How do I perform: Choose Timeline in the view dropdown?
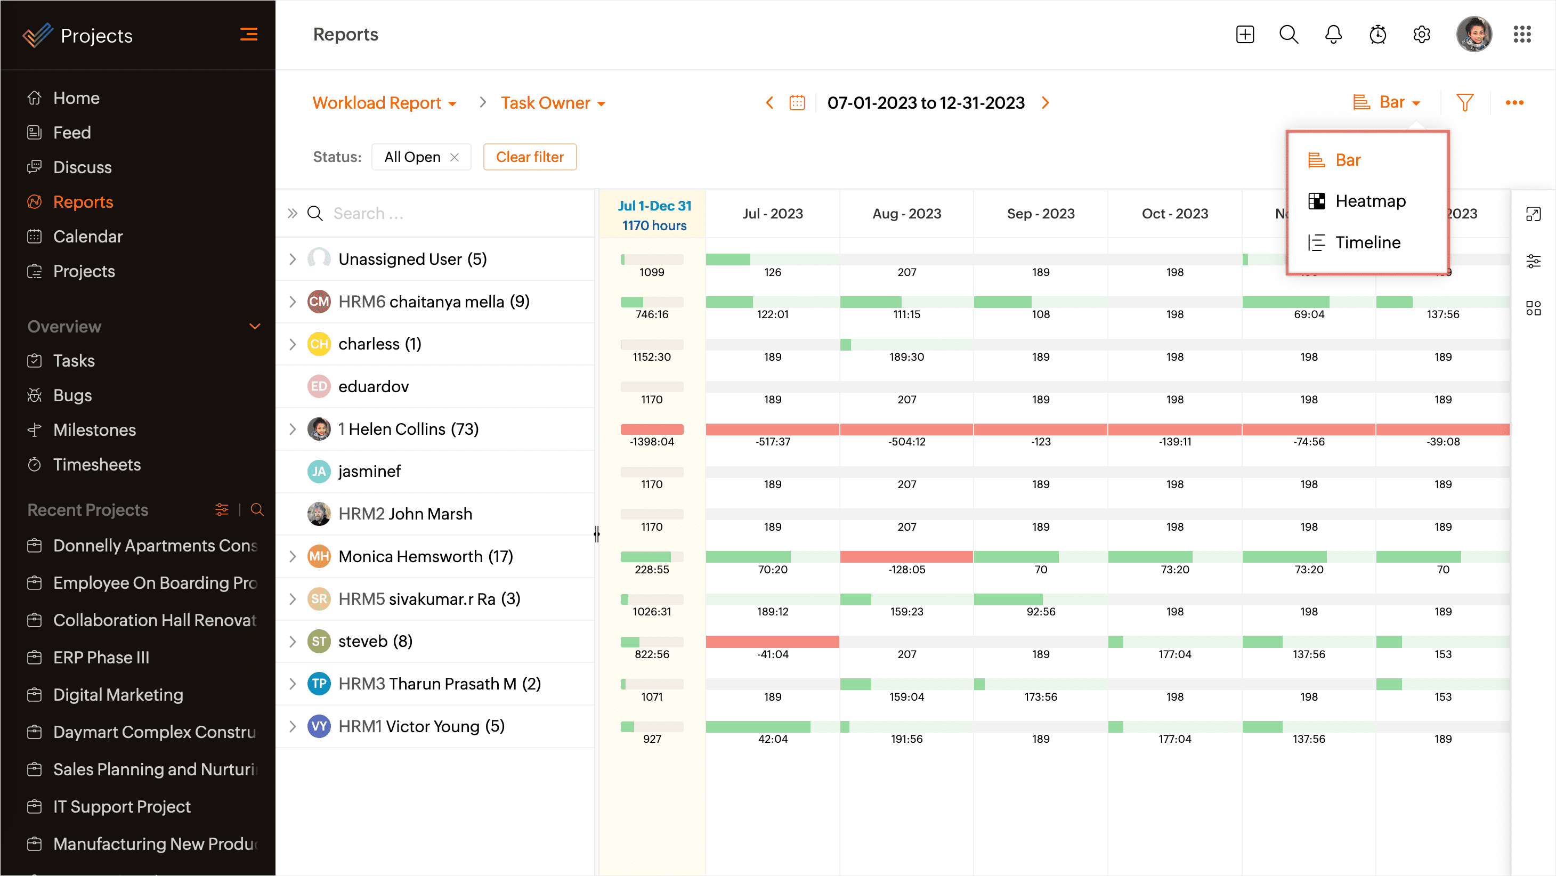(x=1367, y=242)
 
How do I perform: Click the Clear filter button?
(x=529, y=157)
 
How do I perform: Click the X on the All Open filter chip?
(x=455, y=157)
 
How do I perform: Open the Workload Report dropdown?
(x=384, y=103)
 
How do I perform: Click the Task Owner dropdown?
(x=552, y=103)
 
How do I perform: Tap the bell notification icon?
(x=1333, y=35)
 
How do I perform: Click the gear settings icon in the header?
(x=1421, y=35)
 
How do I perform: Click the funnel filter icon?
(x=1464, y=103)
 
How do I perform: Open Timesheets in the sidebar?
(x=96, y=465)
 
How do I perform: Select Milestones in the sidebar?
(x=94, y=430)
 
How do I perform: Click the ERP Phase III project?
(x=101, y=658)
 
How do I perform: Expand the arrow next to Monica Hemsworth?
(x=293, y=556)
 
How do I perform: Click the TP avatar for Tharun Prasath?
(x=319, y=684)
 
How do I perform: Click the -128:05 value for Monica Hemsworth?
(x=906, y=570)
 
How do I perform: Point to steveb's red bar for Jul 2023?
(x=772, y=642)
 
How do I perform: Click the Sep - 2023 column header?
(x=1040, y=214)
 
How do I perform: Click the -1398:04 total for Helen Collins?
(x=651, y=442)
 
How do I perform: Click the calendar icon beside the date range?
(x=797, y=103)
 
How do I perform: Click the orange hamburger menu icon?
(x=248, y=35)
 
